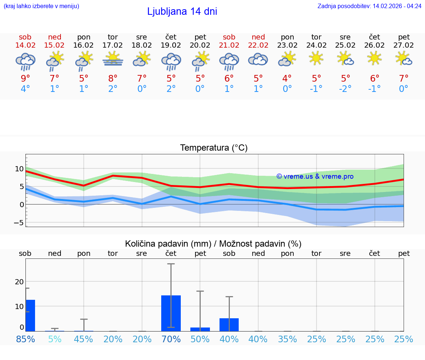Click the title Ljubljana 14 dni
182,11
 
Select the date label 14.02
25,45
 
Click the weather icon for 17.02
113,59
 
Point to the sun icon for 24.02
316,58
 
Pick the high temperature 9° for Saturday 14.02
25,78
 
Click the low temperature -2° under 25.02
345,89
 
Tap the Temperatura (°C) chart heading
214,148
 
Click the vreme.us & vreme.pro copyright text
315,176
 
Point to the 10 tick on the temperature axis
19,169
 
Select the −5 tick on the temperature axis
18,223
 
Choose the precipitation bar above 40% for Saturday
229,325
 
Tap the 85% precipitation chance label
25,339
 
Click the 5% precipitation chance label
55,339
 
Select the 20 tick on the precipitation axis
19,282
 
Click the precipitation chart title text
213,244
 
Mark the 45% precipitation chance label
84,339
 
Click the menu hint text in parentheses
41,6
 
